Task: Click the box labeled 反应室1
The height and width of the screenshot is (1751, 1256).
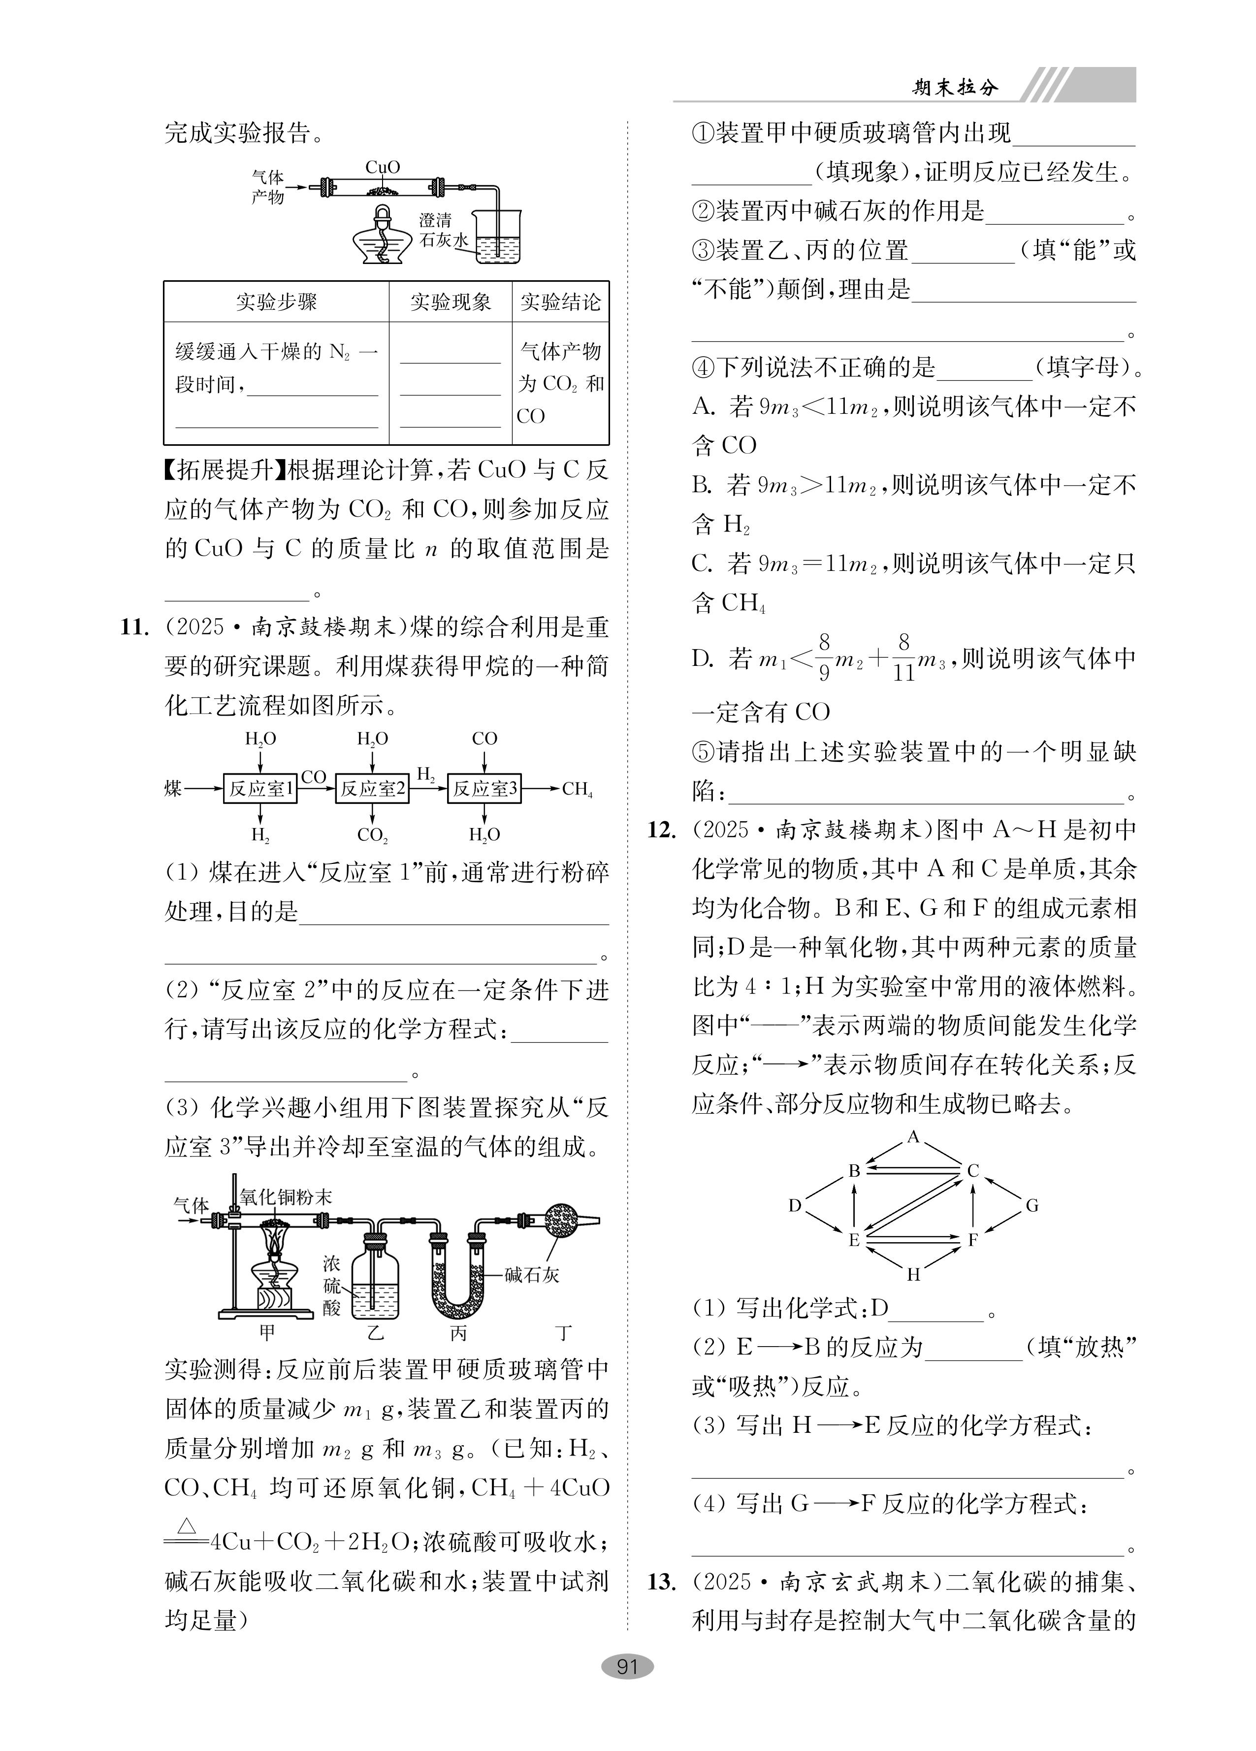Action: coord(260,788)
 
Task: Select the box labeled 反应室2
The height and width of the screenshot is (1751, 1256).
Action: coord(372,788)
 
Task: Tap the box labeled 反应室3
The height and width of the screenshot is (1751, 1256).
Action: coord(484,788)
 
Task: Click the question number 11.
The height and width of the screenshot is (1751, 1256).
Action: coord(134,627)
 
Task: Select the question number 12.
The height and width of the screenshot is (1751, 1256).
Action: coord(662,830)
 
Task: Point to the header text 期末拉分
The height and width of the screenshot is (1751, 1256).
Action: coord(955,87)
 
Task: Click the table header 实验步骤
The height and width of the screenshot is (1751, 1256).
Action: coord(276,302)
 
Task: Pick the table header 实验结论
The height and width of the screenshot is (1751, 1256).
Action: coord(560,302)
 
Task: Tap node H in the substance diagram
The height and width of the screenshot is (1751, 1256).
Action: coord(914,1275)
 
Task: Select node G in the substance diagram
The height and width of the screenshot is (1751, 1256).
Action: coord(1032,1205)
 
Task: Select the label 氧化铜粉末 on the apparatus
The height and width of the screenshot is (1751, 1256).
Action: coord(286,1197)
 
